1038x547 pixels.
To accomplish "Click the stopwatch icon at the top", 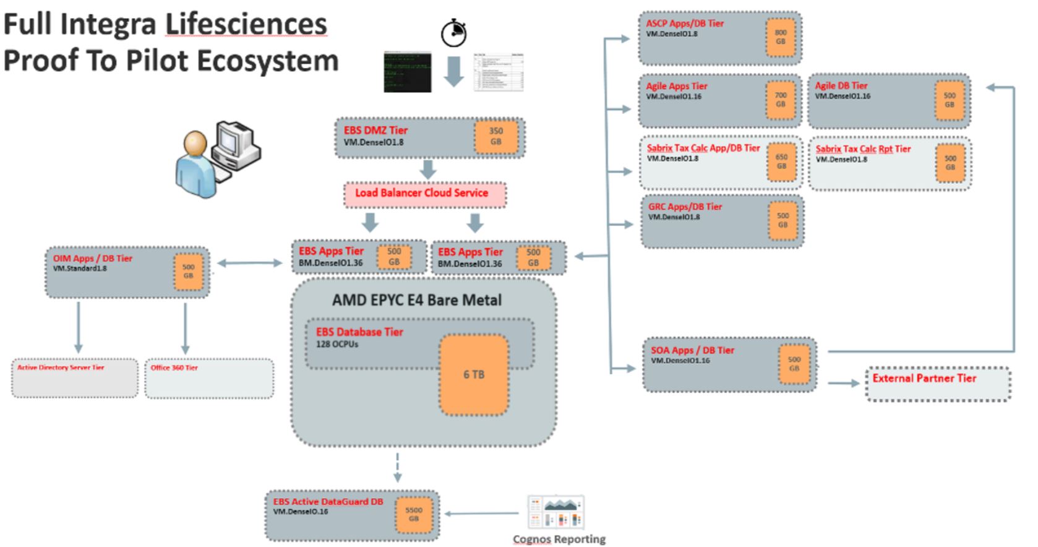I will click(453, 33).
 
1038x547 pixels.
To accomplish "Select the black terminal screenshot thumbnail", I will click(407, 72).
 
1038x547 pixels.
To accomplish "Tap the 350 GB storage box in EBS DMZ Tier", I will click(495, 136).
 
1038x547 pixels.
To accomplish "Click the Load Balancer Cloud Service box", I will click(425, 194).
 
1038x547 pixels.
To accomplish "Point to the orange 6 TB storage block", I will click(474, 374).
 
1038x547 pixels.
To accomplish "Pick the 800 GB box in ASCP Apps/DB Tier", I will click(780, 37).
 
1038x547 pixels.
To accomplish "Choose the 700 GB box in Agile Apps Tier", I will click(780, 100).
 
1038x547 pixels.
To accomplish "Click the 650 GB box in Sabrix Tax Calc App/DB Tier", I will click(781, 162).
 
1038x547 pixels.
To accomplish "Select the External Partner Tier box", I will click(938, 384).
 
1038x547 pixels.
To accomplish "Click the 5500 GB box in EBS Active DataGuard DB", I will click(413, 514).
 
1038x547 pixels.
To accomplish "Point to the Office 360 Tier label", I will click(174, 368).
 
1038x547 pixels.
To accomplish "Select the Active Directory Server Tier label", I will click(61, 368).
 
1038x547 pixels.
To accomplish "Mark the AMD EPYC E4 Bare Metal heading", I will click(416, 301).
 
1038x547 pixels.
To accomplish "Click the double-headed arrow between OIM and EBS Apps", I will click(250, 263).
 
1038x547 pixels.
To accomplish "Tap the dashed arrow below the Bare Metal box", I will click(397, 468).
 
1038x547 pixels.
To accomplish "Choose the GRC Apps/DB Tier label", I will click(685, 207).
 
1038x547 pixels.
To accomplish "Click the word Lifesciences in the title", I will click(246, 25).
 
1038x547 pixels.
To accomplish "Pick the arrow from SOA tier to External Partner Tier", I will click(843, 384).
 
